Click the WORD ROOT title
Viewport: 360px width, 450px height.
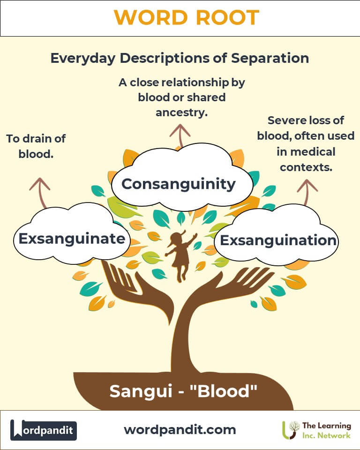pos(187,17)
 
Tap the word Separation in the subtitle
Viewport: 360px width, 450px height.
pos(270,58)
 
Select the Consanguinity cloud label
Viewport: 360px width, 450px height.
pos(179,184)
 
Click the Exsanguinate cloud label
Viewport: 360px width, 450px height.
pos(72,239)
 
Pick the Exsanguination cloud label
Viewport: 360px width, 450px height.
pos(278,240)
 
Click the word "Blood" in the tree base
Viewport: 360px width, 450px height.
pos(223,391)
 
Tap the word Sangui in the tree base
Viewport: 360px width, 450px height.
pos(141,391)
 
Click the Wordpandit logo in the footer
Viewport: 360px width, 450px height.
pos(43,430)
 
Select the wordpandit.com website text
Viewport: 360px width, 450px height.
pos(180,430)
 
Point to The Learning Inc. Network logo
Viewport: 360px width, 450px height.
pos(316,430)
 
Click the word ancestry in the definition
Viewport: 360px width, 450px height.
pos(181,112)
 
